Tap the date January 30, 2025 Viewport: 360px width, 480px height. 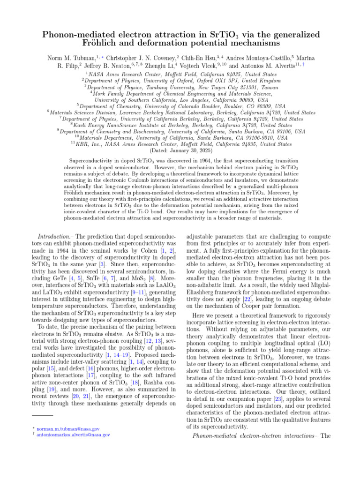pyautogui.click(x=189, y=151)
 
